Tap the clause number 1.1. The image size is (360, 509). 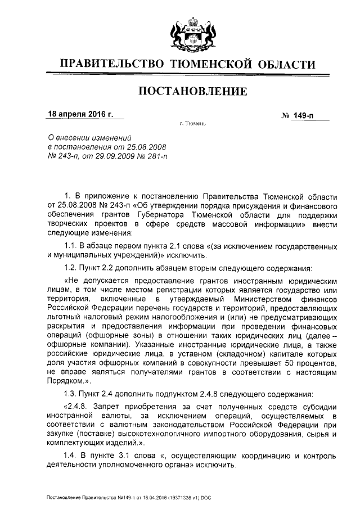(x=70, y=247)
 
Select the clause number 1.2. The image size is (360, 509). (x=70, y=267)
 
